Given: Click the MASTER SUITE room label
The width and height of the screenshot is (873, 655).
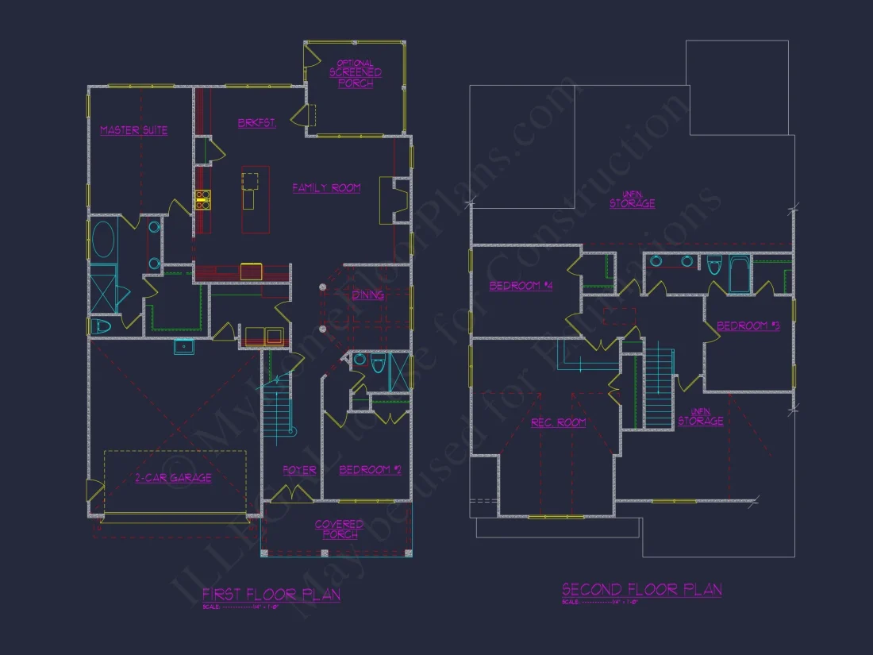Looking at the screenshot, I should pos(133,130).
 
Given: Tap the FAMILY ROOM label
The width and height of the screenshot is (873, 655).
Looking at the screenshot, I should pos(326,188).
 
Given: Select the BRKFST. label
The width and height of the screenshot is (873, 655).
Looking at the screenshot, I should pos(256,123).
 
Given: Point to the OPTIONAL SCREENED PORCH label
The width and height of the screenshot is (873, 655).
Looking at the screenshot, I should pos(356,73).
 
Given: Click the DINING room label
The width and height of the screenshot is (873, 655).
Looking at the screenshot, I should pos(367,295).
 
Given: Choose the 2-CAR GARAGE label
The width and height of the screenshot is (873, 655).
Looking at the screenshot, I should pos(173,478).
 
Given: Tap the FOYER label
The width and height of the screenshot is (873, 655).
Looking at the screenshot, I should pos(299,470).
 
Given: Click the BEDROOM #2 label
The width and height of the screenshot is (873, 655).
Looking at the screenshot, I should pos(370,470).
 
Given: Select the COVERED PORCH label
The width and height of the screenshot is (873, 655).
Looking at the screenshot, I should pos(339,530).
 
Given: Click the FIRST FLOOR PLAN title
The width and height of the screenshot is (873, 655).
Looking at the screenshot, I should pos(271,594).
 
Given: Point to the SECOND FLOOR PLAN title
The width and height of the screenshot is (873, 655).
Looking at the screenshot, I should pos(641,589).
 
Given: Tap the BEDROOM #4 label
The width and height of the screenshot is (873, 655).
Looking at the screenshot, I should pos(521,286).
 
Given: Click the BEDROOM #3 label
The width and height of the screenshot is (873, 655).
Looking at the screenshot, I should pos(748,326).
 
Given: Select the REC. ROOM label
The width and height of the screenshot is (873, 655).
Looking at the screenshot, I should pos(558,422).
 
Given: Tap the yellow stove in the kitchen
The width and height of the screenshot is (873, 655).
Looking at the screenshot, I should pos(202,199).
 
